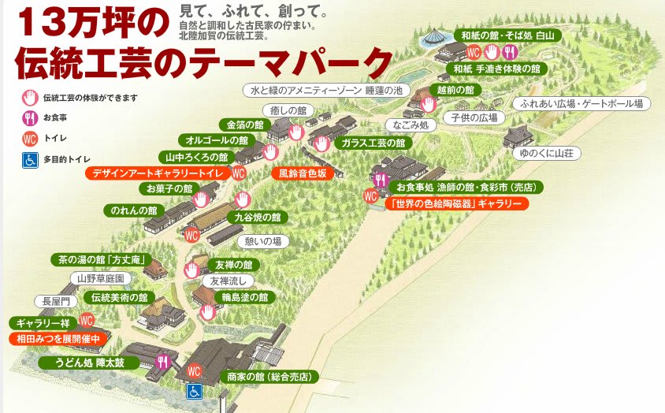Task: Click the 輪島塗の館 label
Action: tap(245, 298)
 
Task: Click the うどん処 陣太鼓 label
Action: tap(97, 363)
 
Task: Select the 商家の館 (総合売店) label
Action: tap(267, 378)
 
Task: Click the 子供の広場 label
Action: tap(475, 117)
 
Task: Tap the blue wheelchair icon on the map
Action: tap(194, 391)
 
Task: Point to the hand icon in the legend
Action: tap(29, 98)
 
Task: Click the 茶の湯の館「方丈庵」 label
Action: tap(99, 259)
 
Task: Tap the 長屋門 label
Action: tap(57, 301)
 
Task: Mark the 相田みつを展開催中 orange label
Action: tap(58, 338)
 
